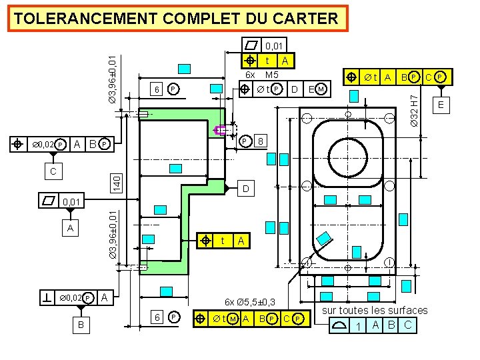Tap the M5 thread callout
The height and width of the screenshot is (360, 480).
[x=271, y=75]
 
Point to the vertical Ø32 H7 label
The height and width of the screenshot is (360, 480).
[x=414, y=109]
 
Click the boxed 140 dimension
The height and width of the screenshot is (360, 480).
[x=116, y=180]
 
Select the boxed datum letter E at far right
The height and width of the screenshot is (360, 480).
[x=441, y=105]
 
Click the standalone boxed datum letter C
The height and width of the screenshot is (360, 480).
[x=54, y=172]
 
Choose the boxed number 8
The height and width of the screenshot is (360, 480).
[x=262, y=141]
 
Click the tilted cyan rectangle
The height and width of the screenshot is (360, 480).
[x=324, y=239]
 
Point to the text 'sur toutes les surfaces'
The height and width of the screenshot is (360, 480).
[x=375, y=310]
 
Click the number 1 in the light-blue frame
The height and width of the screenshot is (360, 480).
[x=359, y=326]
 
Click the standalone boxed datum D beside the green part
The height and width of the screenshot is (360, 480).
[x=245, y=190]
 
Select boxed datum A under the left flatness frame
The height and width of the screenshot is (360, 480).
[x=70, y=229]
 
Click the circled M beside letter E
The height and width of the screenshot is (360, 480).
[x=321, y=89]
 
